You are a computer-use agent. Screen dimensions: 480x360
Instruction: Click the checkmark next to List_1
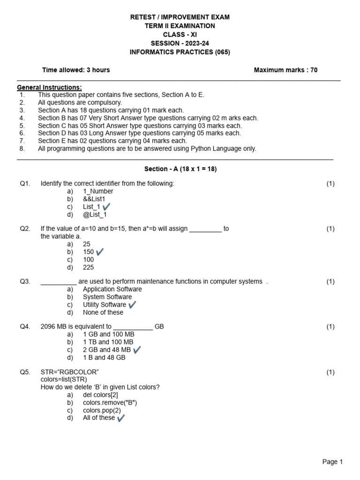tap(106, 207)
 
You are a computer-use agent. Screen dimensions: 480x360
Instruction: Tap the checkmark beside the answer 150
tap(99, 252)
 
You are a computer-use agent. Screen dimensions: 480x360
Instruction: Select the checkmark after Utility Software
tap(132, 305)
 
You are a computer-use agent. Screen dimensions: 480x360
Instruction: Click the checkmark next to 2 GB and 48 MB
tap(137, 350)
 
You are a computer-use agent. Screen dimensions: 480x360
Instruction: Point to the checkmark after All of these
tap(121, 418)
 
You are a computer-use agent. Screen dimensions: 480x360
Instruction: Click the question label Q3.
tap(25, 281)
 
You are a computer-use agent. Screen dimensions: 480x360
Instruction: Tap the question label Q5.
tap(25, 372)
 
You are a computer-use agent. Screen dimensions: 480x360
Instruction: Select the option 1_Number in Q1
tap(98, 191)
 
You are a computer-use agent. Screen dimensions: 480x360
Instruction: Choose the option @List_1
tap(95, 215)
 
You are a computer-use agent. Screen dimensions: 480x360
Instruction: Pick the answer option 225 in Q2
tap(88, 267)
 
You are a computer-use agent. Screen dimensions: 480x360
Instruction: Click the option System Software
tap(107, 297)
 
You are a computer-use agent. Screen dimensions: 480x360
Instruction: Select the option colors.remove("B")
tap(110, 403)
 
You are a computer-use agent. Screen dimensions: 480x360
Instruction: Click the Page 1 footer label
tap(333, 462)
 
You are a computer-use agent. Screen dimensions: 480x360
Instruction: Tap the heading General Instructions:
tap(49, 87)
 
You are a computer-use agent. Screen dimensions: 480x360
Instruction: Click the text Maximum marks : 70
tap(285, 70)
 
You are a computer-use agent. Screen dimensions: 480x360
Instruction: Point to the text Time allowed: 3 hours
tap(76, 70)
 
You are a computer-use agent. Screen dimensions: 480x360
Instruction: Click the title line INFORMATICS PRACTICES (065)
tap(180, 52)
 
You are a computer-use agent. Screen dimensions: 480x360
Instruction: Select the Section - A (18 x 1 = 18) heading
tap(180, 169)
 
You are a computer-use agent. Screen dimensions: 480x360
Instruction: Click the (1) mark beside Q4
tap(330, 327)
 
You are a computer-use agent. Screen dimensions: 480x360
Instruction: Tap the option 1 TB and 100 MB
tap(108, 342)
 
